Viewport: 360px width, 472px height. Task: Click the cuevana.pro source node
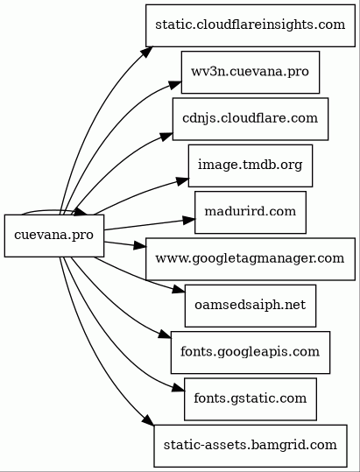click(x=54, y=236)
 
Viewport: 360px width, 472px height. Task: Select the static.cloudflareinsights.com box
click(x=251, y=25)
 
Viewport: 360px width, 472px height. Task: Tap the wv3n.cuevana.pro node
click(x=251, y=72)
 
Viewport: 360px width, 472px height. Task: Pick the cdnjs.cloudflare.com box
click(x=251, y=119)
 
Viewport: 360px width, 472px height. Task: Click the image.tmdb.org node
click(x=251, y=166)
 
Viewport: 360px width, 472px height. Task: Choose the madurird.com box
click(x=251, y=212)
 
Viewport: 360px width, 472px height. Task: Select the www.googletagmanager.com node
click(x=251, y=259)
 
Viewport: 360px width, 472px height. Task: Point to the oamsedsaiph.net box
click(x=251, y=306)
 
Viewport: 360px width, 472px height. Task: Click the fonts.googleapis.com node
click(x=251, y=353)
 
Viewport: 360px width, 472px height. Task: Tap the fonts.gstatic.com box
click(x=251, y=399)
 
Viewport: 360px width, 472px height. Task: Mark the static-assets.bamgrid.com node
click(x=251, y=446)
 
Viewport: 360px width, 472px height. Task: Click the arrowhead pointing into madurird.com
click(x=189, y=220)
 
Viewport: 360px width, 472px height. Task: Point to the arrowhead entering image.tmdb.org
click(x=182, y=181)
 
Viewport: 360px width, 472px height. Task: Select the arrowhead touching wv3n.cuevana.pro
click(x=175, y=84)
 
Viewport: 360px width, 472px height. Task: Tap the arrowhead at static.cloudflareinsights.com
click(x=147, y=52)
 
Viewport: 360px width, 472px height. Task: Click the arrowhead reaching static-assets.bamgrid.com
click(x=148, y=420)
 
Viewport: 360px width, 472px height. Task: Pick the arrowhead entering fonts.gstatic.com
click(x=178, y=388)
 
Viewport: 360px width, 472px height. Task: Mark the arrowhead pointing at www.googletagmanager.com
click(x=140, y=245)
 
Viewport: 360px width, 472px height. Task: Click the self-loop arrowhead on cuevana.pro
click(x=80, y=212)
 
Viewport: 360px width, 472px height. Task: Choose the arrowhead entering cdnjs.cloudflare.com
click(x=166, y=136)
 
